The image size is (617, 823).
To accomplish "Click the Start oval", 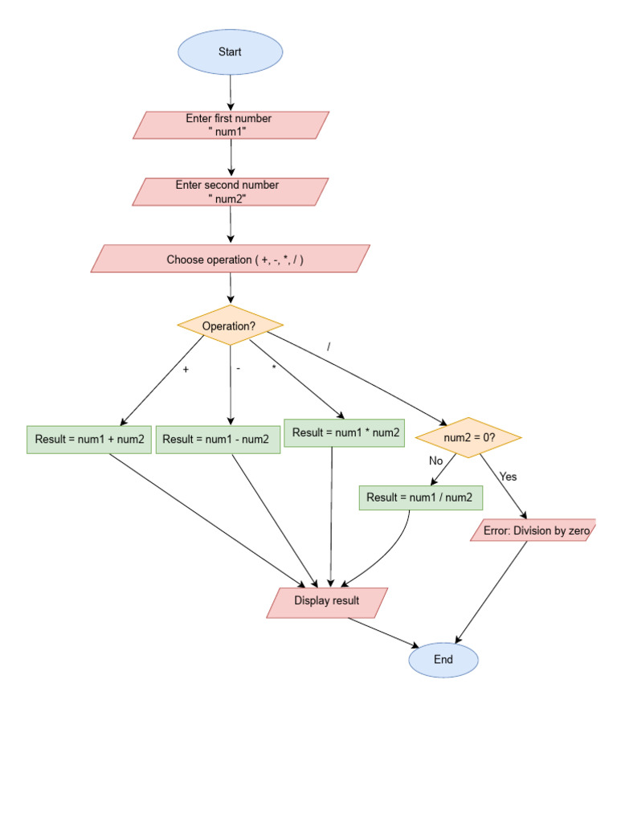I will click(x=230, y=52).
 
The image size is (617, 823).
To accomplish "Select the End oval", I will click(x=443, y=660).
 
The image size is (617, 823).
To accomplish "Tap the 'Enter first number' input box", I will click(x=231, y=125).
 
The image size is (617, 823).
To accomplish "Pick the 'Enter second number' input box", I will click(x=231, y=192).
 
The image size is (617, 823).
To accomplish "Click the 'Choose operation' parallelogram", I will click(x=231, y=260).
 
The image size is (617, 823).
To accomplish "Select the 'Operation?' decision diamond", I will click(x=230, y=326).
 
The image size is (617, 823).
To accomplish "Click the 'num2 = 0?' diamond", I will click(x=468, y=438).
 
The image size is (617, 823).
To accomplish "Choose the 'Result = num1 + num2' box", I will click(x=89, y=440).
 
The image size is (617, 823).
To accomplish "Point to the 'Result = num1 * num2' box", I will click(x=345, y=433).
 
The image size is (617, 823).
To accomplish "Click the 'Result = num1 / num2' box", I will click(x=420, y=497).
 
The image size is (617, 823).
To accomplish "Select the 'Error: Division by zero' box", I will click(x=533, y=530).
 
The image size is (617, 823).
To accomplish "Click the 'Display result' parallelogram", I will click(x=327, y=601).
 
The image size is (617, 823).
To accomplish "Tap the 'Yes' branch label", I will click(x=508, y=477).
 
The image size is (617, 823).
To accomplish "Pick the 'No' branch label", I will click(x=436, y=461).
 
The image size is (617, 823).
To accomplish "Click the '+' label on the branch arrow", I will click(x=186, y=370).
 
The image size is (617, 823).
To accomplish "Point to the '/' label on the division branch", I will click(x=329, y=346).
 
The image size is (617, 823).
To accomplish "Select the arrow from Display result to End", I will click(x=383, y=632).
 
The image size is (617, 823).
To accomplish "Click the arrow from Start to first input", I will click(x=231, y=93).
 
